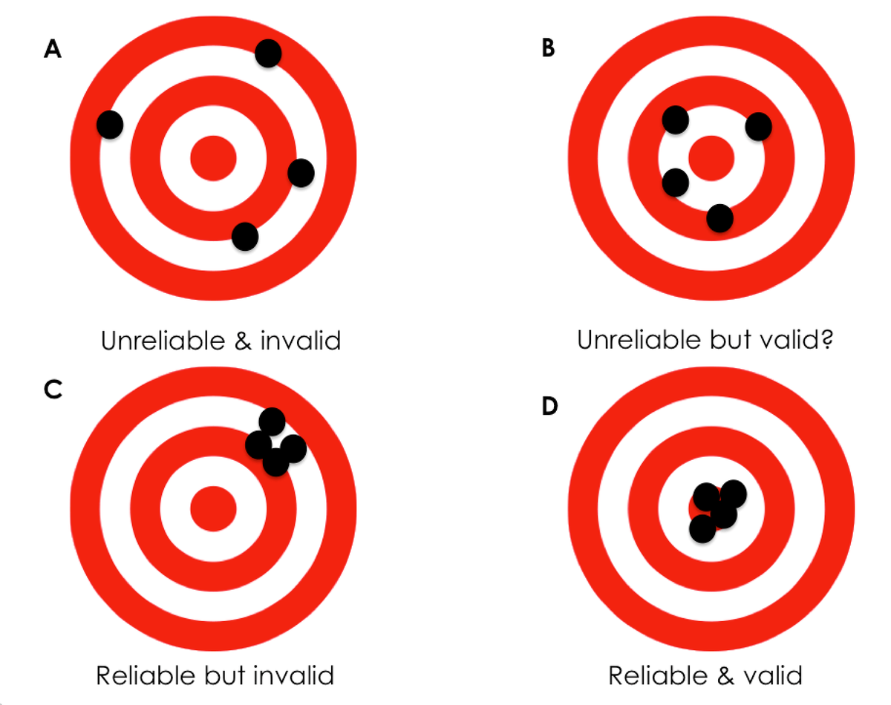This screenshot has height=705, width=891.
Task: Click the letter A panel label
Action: pyautogui.click(x=53, y=49)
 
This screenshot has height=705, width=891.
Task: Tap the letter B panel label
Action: pyautogui.click(x=548, y=47)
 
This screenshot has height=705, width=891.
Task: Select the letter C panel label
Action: pyautogui.click(x=53, y=390)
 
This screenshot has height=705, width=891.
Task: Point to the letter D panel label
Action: pyautogui.click(x=550, y=406)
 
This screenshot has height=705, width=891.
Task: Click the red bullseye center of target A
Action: pyautogui.click(x=213, y=158)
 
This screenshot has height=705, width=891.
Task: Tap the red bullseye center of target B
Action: pyautogui.click(x=711, y=158)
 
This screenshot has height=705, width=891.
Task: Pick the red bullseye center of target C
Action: pyautogui.click(x=213, y=509)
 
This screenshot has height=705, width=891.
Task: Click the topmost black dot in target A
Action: pyautogui.click(x=268, y=53)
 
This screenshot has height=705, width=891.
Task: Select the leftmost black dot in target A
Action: pyautogui.click(x=110, y=125)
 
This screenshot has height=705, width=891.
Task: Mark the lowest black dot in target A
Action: pyautogui.click(x=245, y=237)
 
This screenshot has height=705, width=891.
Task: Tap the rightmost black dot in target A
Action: pyautogui.click(x=301, y=173)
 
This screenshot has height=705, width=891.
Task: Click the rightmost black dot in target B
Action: pyautogui.click(x=759, y=127)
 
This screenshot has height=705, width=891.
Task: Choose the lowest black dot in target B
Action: pyautogui.click(x=720, y=218)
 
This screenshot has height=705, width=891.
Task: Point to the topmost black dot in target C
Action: pyautogui.click(x=272, y=422)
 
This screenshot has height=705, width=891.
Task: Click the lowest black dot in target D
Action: pyautogui.click(x=702, y=529)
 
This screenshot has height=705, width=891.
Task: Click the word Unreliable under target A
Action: pyautogui.click(x=164, y=341)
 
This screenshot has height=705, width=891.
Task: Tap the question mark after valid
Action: pyautogui.click(x=826, y=339)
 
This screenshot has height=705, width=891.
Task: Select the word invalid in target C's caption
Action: pyautogui.click(x=293, y=675)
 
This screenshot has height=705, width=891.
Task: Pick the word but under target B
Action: pyautogui.click(x=731, y=340)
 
